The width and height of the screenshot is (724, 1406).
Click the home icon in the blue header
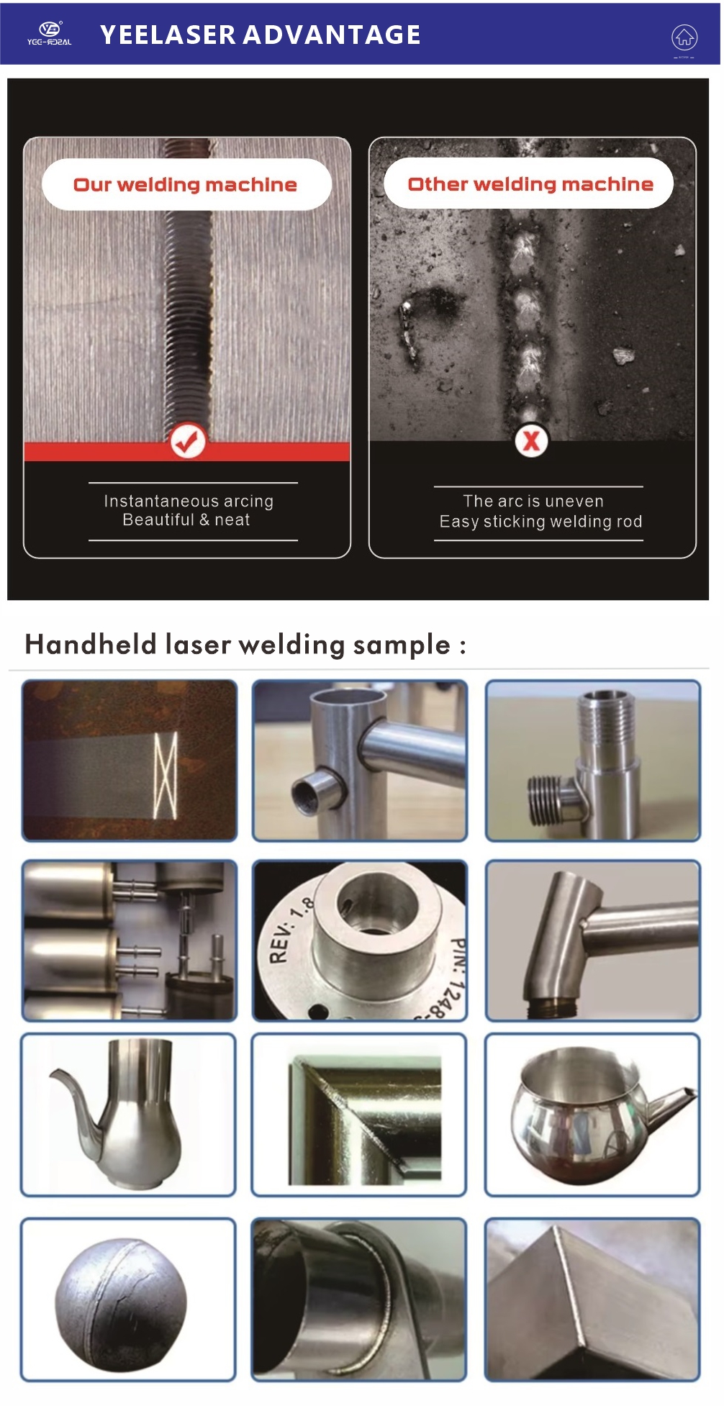pyautogui.click(x=684, y=37)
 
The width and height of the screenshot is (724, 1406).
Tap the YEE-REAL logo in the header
pyautogui.click(x=50, y=33)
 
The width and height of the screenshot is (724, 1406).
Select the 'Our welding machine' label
pyautogui.click(x=186, y=185)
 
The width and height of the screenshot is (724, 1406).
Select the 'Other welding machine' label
pyautogui.click(x=530, y=184)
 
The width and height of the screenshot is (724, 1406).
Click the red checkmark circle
pyautogui.click(x=188, y=441)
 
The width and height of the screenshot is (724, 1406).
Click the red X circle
pyautogui.click(x=531, y=440)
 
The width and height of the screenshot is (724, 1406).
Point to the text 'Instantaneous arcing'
pyautogui.click(x=189, y=501)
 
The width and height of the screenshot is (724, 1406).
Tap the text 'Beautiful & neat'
pyautogui.click(x=186, y=520)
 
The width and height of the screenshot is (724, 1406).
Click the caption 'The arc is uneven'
pyautogui.click(x=533, y=501)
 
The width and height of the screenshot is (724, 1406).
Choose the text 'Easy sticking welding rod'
pyautogui.click(x=540, y=521)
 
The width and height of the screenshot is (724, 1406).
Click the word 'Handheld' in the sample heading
pyautogui.click(x=91, y=644)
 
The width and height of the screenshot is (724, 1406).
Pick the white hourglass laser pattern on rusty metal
pyautogui.click(x=166, y=775)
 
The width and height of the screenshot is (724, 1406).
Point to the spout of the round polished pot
pyautogui.click(x=673, y=1105)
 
